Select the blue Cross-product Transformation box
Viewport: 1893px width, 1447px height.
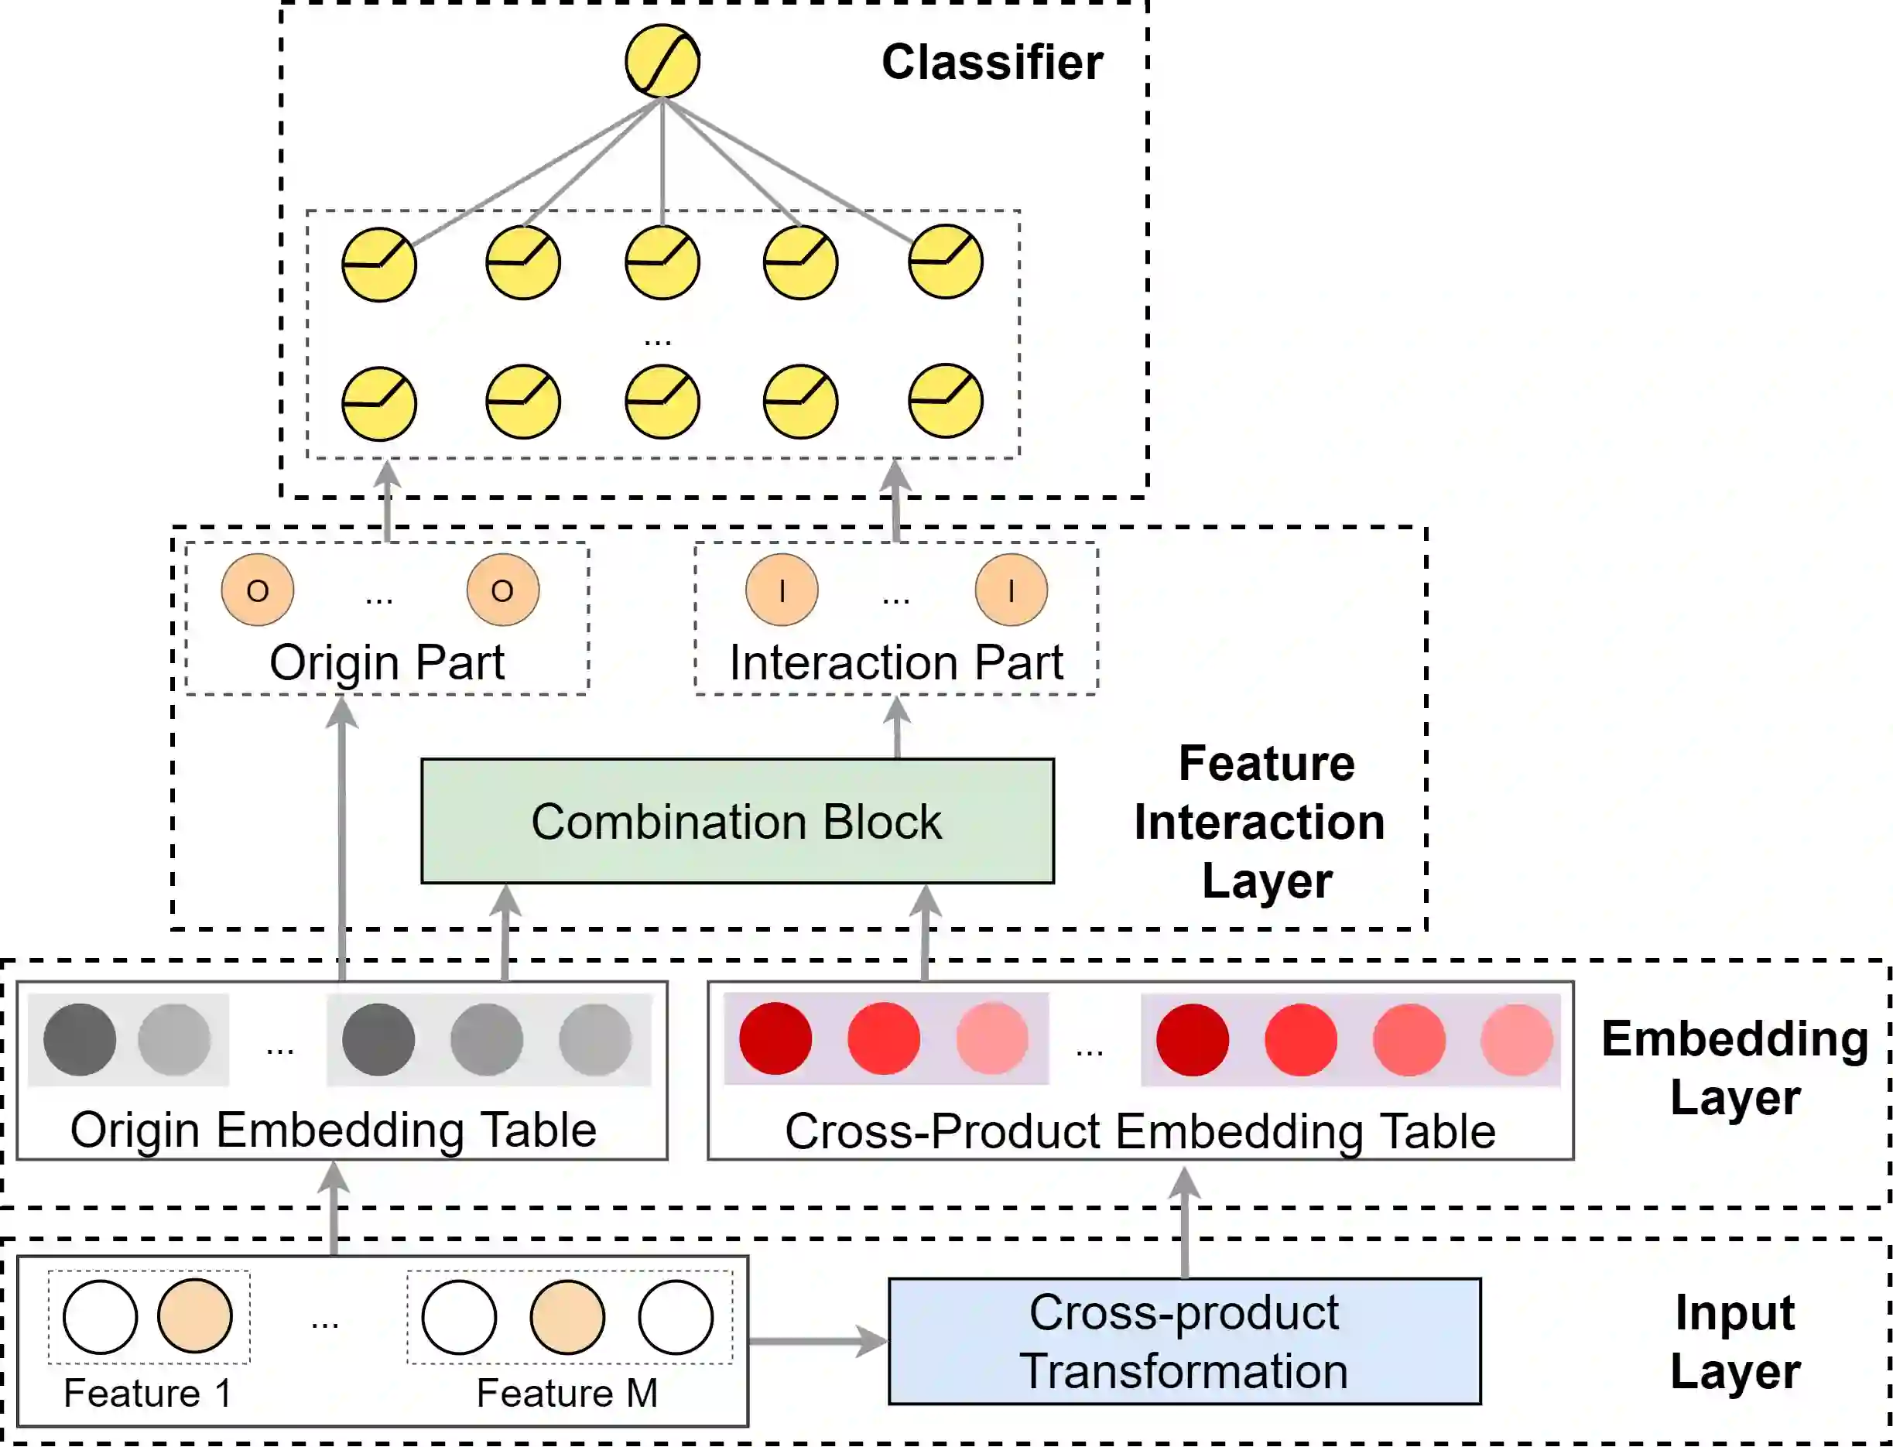(1184, 1341)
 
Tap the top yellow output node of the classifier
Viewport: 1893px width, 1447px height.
(662, 61)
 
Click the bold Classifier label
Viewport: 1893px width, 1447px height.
(992, 62)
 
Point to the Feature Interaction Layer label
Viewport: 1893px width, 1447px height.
(1261, 822)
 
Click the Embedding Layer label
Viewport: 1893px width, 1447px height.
(1734, 1067)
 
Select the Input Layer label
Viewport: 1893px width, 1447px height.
(1734, 1341)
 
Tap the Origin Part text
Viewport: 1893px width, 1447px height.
(387, 662)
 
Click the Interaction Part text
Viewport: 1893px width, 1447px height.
(895, 662)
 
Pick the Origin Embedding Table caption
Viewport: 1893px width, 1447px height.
(334, 1130)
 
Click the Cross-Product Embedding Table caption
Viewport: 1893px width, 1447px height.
(1139, 1131)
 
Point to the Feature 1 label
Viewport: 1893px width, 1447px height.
(147, 1393)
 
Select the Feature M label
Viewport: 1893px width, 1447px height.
(567, 1393)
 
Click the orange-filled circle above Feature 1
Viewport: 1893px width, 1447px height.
(194, 1316)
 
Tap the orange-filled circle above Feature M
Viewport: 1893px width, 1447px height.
(567, 1317)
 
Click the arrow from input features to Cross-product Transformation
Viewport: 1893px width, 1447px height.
(816, 1341)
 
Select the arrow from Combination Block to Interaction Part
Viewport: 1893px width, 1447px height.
(898, 728)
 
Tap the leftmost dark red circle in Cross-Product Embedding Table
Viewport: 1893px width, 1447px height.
(775, 1038)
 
